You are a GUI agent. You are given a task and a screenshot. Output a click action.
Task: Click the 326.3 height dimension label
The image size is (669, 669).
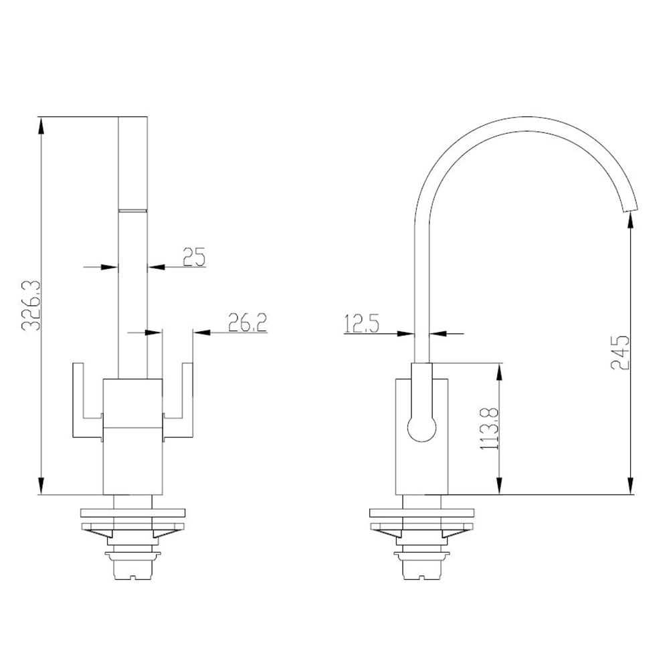click(x=31, y=306)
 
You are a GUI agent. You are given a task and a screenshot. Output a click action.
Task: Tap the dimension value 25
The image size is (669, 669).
click(x=193, y=257)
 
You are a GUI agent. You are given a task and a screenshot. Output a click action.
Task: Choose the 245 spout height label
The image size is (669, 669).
click(x=620, y=352)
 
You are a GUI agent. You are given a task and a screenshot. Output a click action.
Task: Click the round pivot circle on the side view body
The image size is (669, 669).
click(x=422, y=426)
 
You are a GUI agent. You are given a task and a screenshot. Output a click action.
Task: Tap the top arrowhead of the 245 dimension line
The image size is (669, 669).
click(x=631, y=223)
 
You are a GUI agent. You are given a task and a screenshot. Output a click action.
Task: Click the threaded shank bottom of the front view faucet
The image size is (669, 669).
click(x=132, y=569)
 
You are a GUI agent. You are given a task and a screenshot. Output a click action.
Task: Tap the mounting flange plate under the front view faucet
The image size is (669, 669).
click(x=132, y=515)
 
